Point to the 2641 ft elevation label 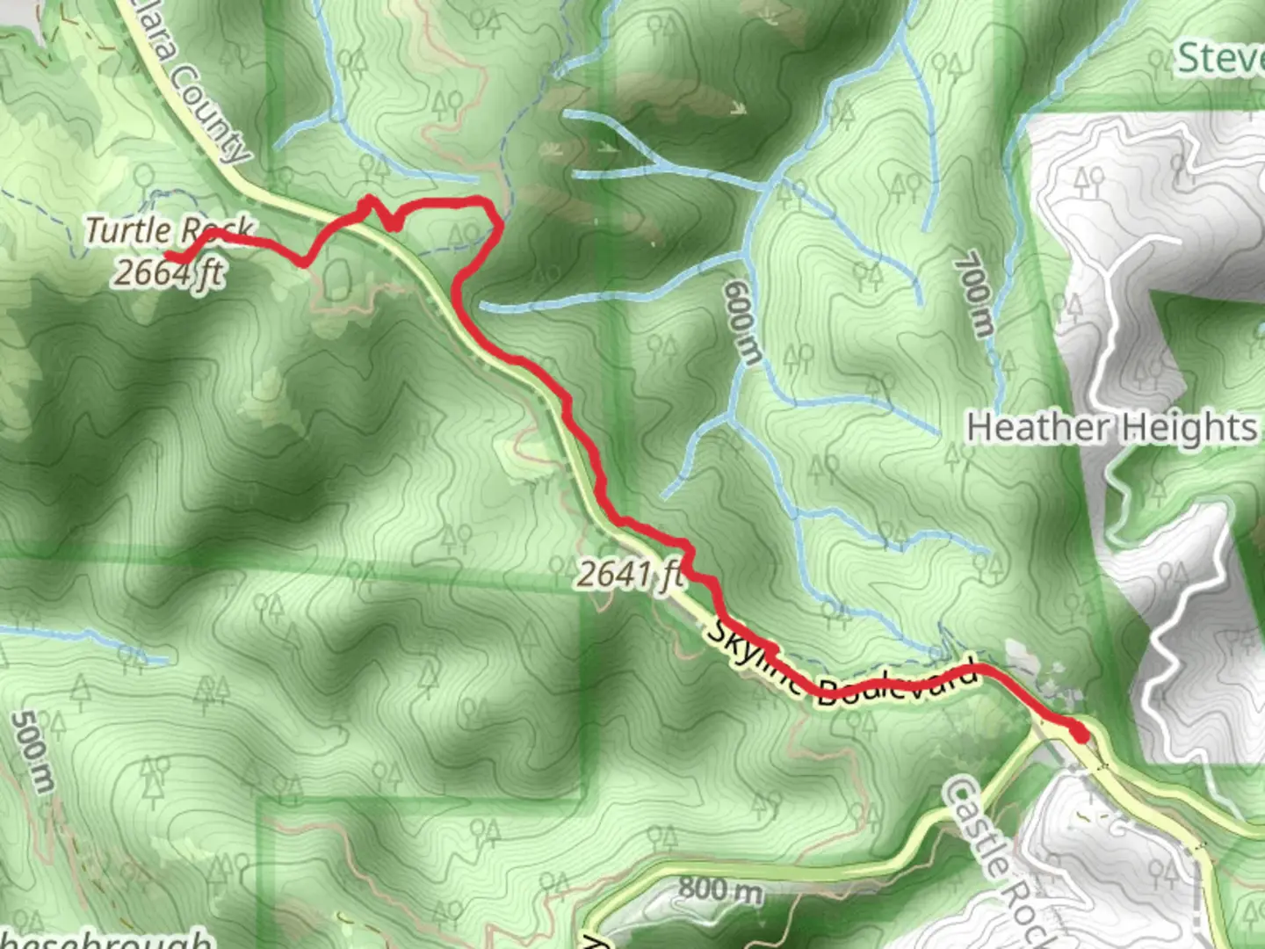[x=630, y=576]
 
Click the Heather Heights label [x=1111, y=428]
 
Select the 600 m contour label [x=740, y=322]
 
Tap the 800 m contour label [x=719, y=889]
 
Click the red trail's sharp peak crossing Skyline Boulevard [x=367, y=201]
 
